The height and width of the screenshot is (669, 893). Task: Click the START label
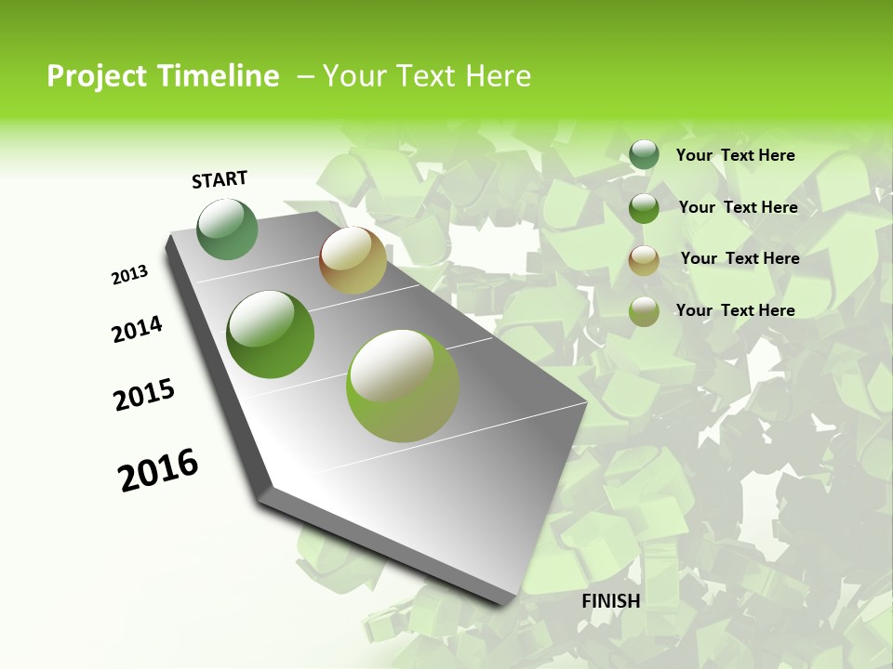[220, 179]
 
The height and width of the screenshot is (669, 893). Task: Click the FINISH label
[610, 601]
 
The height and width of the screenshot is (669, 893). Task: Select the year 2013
[129, 275]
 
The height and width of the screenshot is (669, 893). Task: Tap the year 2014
[137, 330]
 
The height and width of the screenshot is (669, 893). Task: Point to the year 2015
[144, 395]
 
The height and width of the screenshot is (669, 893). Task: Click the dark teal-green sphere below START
[228, 230]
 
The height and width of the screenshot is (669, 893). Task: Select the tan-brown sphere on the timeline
[353, 260]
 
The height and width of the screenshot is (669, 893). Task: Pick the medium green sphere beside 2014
[270, 334]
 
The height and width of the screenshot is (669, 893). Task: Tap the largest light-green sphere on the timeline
[403, 386]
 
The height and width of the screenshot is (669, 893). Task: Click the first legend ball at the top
[644, 155]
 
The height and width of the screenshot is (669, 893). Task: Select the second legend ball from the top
[644, 208]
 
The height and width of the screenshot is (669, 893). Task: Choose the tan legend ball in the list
[644, 260]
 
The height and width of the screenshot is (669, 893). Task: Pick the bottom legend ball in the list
[644, 311]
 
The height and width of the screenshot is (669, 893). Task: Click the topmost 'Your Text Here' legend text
[735, 155]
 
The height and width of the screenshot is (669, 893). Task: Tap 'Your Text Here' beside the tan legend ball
[740, 258]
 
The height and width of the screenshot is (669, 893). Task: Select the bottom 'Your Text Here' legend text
[735, 310]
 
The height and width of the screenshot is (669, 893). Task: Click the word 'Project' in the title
[96, 76]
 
